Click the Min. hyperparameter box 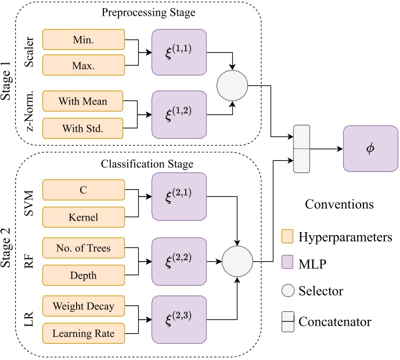tap(84, 41)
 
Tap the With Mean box tap(84, 100)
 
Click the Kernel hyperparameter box tap(84, 217)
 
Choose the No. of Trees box tap(84, 249)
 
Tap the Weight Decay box tap(84, 305)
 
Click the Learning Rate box tap(84, 333)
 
